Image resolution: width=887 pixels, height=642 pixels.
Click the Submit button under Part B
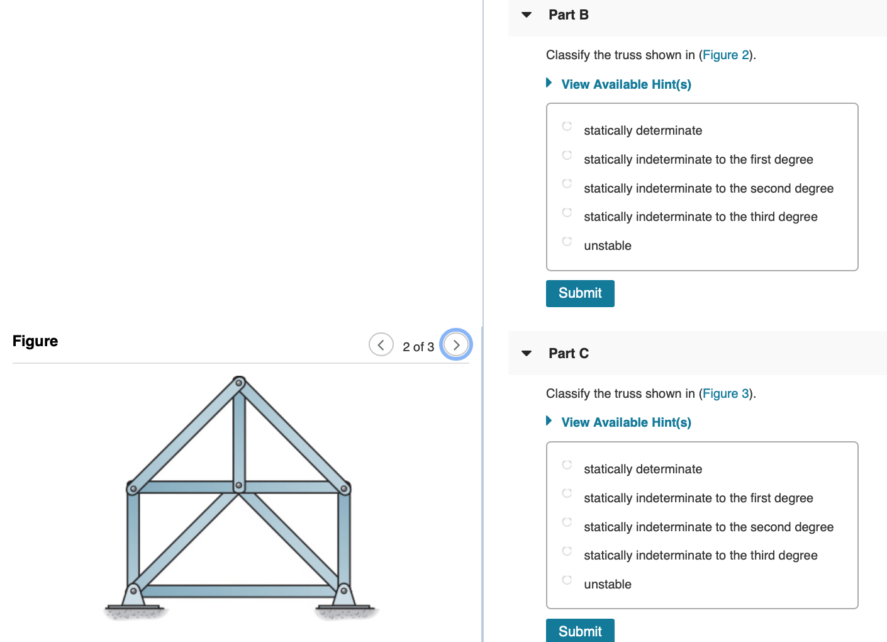point(580,293)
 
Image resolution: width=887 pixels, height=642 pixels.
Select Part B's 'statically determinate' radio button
point(567,126)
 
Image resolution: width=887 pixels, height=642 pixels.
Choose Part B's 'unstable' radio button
point(567,241)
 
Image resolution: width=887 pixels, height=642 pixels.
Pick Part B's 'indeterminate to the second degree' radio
point(567,183)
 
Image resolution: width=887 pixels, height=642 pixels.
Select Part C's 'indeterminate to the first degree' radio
point(567,493)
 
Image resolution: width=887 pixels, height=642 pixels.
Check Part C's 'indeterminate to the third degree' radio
point(567,551)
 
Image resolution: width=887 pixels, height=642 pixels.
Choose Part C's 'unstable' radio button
point(567,580)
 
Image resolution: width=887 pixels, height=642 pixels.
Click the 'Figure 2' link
point(726,55)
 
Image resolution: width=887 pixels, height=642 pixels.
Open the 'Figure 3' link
point(726,394)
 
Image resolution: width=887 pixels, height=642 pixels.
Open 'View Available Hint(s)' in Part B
point(626,84)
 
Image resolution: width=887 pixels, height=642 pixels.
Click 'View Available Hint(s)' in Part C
point(626,422)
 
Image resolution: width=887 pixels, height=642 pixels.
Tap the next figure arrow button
point(456,345)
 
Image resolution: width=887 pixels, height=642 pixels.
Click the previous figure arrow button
point(381,345)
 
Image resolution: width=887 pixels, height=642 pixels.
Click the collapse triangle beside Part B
point(527,15)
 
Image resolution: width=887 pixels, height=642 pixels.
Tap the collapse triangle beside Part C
point(527,354)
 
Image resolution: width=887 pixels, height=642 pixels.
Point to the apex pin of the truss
point(239,383)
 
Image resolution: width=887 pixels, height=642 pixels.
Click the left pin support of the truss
point(133,592)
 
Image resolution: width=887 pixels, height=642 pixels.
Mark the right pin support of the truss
point(344,592)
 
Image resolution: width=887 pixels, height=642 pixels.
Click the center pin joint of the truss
point(238,486)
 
